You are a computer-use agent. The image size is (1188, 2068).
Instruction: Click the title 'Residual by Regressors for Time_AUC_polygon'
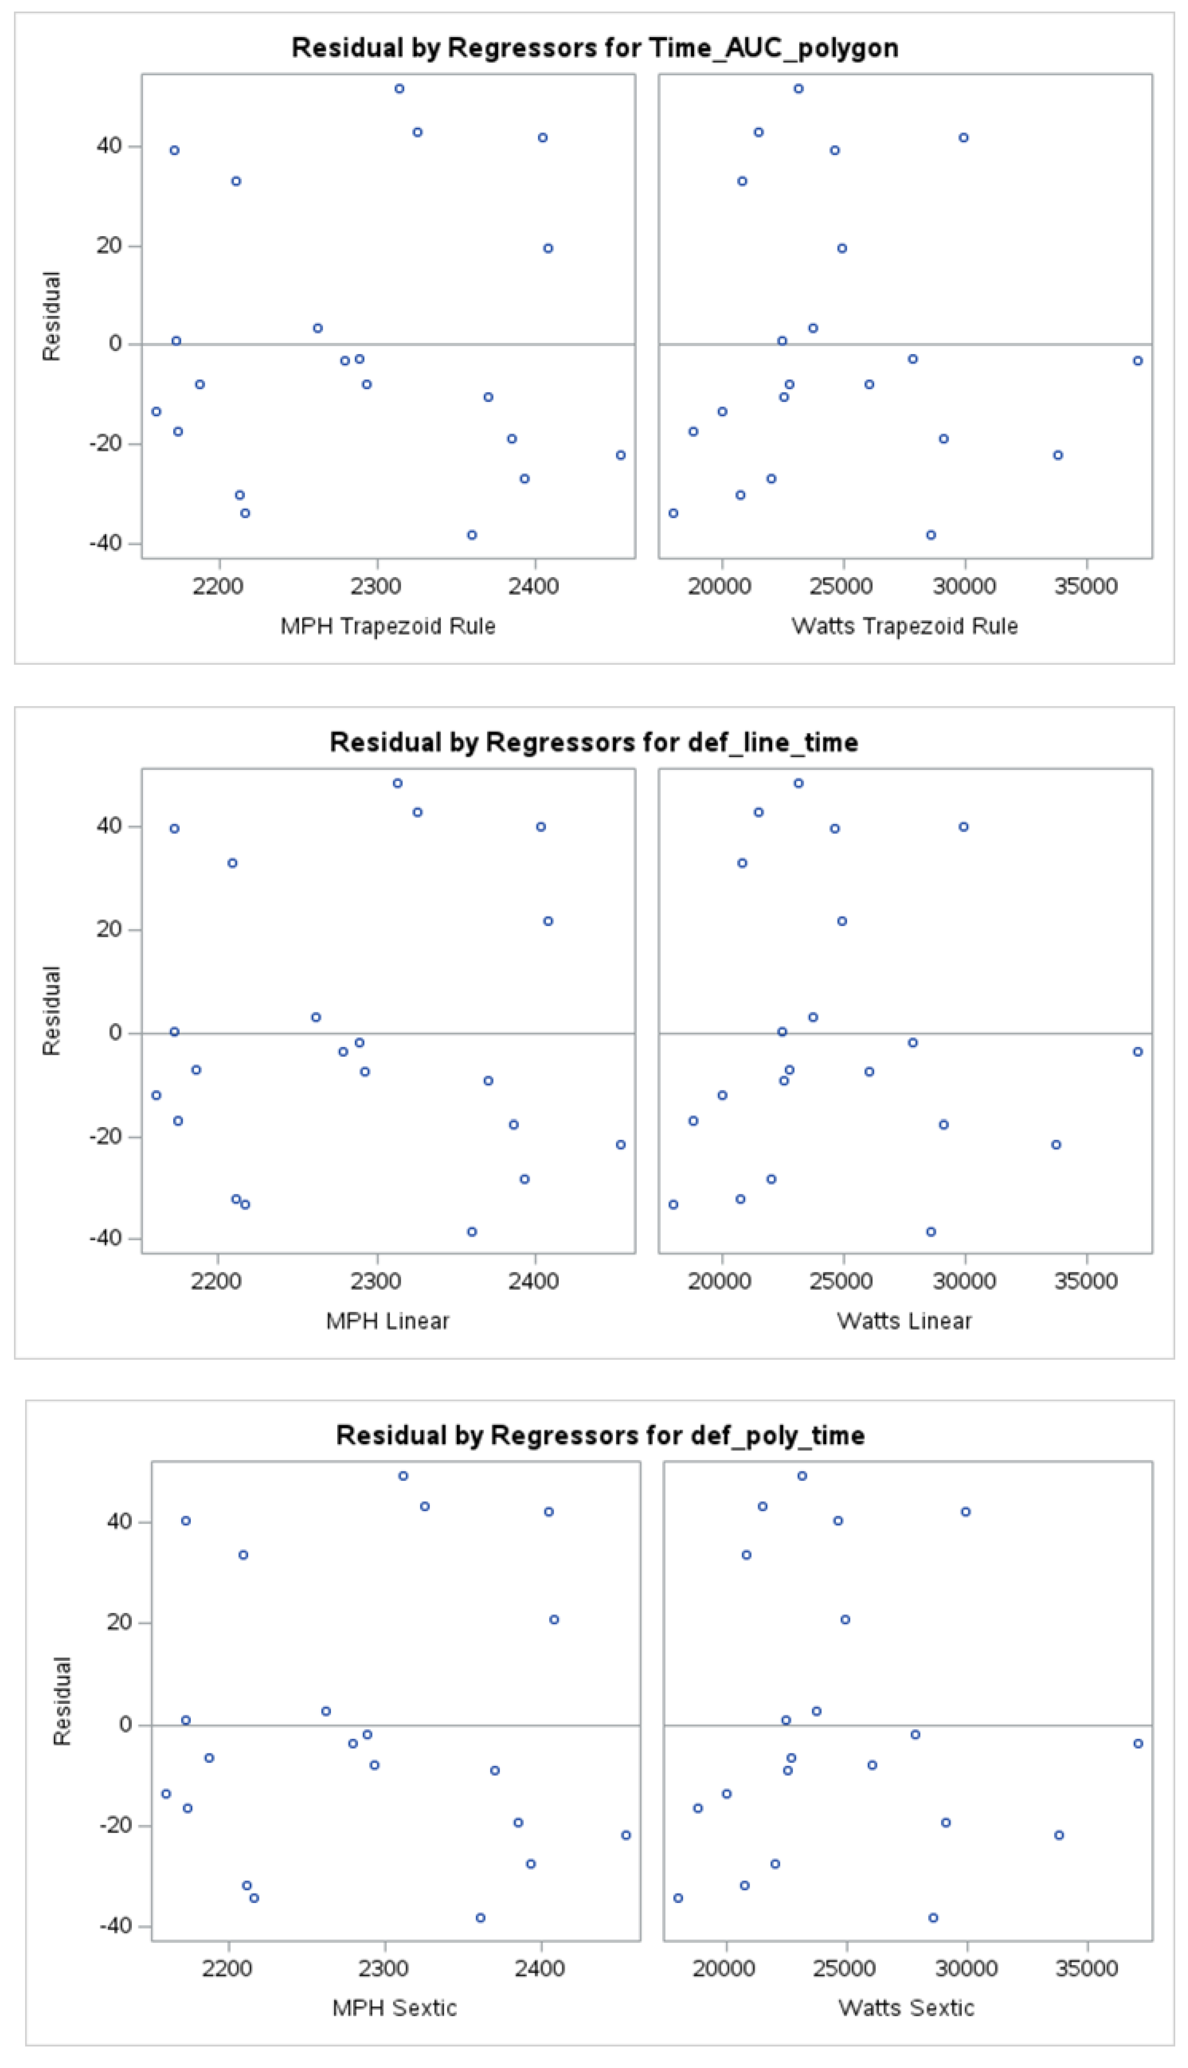(x=595, y=48)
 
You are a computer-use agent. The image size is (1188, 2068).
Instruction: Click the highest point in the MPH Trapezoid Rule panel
(x=399, y=88)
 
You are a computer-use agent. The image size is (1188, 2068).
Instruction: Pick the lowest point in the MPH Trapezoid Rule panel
(x=472, y=535)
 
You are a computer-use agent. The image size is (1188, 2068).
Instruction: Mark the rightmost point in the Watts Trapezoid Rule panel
(x=1137, y=361)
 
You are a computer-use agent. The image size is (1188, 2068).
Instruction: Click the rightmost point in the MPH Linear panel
(x=621, y=1145)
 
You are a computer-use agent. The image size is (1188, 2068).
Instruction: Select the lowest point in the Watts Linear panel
(x=931, y=1232)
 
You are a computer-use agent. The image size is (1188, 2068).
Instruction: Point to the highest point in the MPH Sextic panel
(x=403, y=1476)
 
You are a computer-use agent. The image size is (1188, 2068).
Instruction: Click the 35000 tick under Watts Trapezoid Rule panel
(x=1086, y=586)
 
